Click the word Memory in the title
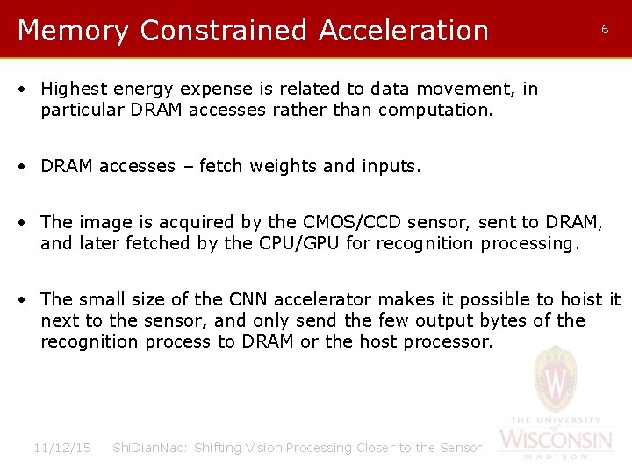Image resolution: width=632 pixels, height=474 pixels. (73, 31)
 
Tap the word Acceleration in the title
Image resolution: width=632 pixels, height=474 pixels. (404, 31)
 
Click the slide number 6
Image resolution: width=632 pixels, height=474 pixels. (604, 29)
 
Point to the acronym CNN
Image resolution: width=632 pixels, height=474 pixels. (232, 299)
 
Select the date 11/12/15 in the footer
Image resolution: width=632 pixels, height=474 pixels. (61, 448)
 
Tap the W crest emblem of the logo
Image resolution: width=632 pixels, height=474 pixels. (556, 380)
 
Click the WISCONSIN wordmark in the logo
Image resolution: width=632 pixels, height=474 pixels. (555, 438)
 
